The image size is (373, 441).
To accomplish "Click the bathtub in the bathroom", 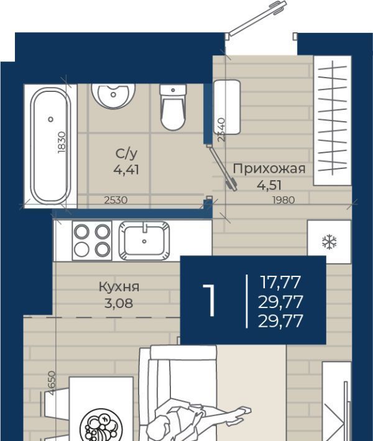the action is pos(50,146).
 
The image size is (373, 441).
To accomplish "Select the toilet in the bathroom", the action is pos(173,107).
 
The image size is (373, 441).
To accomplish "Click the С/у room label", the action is pos(126,154).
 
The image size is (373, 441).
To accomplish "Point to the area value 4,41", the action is pos(126,170).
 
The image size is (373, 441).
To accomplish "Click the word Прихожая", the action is pos(269,170).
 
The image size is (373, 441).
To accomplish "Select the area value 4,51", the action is pos(269,185).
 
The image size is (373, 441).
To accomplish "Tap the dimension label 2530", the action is pos(116,200).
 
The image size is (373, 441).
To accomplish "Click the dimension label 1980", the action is pos(283,200).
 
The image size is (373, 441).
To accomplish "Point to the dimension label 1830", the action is pos(62,142).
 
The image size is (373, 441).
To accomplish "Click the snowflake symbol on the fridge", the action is pos(329,242).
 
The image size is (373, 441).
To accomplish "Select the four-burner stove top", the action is pos(92,241).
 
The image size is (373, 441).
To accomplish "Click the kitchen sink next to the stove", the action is pos(144,241).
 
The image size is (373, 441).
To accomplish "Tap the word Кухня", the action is pos(119,287).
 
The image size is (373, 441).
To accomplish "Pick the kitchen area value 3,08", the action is pos(119,303).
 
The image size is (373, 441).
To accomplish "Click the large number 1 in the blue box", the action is pos(210,300).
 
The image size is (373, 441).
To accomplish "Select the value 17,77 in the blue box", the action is pos(280,282).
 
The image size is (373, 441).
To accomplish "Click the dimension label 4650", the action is pos(52,383).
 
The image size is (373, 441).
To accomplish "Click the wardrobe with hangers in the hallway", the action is pos(333,120).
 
